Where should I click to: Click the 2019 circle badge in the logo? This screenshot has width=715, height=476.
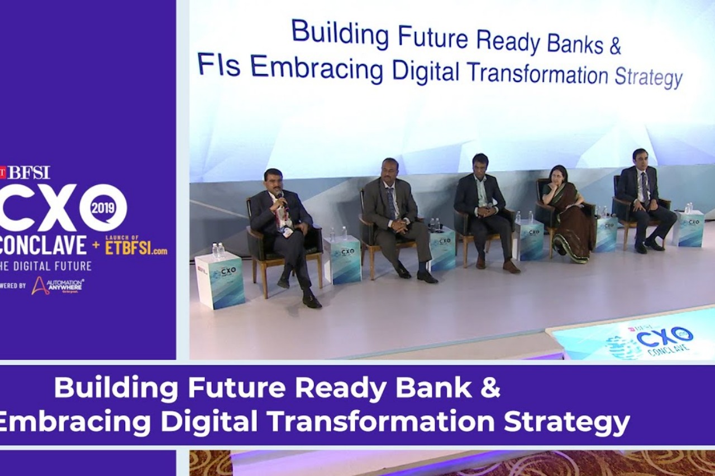point(103,208)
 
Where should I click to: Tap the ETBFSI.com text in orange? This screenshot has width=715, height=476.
point(136,248)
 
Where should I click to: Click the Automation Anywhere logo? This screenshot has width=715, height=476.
point(57,286)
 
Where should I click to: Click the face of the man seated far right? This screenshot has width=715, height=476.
point(640,160)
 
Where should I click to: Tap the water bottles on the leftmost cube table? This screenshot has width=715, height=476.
point(218,251)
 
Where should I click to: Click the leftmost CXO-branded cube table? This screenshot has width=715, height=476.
point(220,281)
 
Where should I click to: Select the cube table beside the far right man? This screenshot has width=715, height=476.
point(688,228)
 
